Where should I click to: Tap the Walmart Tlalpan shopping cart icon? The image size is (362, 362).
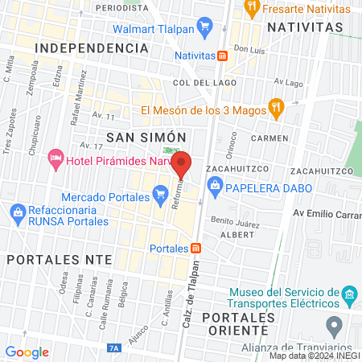tap(204, 26)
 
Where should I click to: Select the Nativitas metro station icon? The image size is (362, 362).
tap(221, 56)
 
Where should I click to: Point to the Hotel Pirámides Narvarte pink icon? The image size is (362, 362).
tap(56, 158)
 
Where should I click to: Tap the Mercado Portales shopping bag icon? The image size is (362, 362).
tap(158, 193)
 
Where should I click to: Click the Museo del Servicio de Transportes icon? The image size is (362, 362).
tap(348, 291)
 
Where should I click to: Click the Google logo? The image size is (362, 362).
tap(27, 352)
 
